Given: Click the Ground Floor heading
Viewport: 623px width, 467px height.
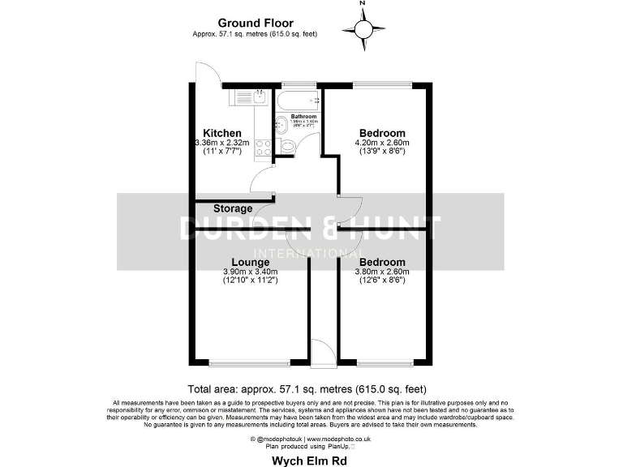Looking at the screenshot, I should click(x=256, y=24).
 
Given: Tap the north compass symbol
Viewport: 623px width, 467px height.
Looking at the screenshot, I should click(x=363, y=28).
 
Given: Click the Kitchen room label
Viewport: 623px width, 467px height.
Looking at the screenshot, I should click(x=222, y=133).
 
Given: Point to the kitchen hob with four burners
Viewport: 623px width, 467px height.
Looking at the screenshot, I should click(x=264, y=148).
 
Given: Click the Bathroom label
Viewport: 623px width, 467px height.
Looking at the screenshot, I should click(x=303, y=117).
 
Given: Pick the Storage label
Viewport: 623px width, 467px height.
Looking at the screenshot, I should click(x=210, y=208).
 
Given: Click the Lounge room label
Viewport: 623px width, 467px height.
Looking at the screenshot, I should click(x=251, y=263).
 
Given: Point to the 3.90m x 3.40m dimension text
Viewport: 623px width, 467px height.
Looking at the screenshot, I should click(x=251, y=272).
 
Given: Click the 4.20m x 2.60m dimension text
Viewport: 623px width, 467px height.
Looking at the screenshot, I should click(x=382, y=143).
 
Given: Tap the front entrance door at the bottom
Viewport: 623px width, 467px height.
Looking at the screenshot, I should click(x=322, y=350).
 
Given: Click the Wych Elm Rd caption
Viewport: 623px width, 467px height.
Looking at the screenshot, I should click(x=311, y=459).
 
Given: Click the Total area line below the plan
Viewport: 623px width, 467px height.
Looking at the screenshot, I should click(x=307, y=389).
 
